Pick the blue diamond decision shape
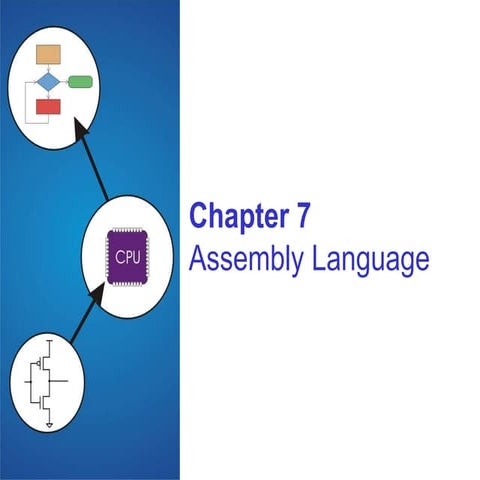47,80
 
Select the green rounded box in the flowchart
80,80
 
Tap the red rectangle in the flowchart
47,106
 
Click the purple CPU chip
128,256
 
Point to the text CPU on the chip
128,256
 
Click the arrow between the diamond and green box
64,80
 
